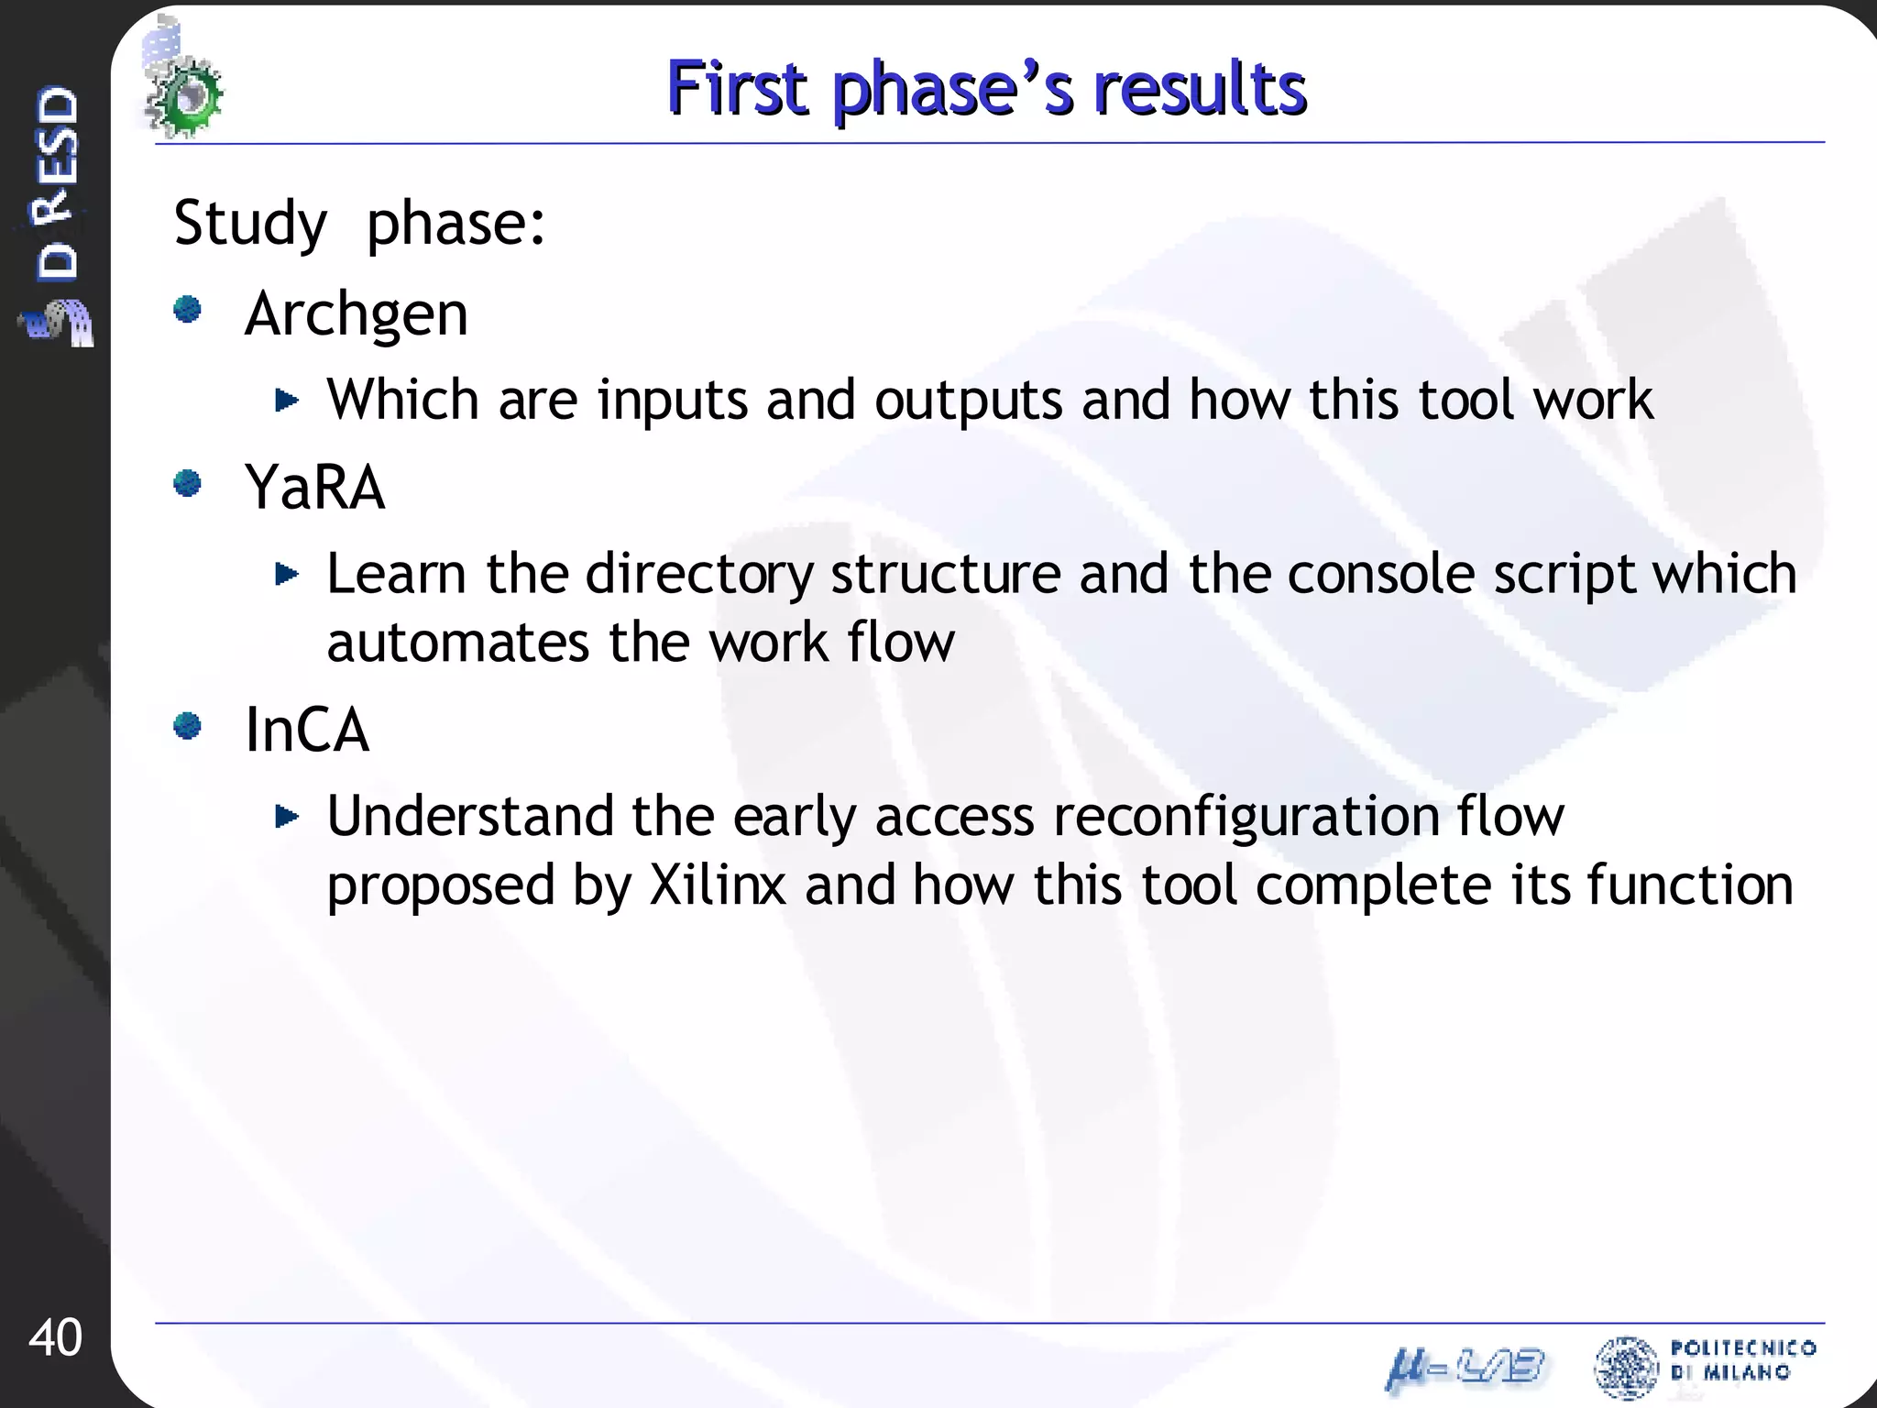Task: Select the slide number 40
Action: point(55,1337)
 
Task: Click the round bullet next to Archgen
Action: point(188,310)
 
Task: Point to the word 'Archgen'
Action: point(357,314)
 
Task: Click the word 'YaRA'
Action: point(314,487)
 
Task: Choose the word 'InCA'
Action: point(307,730)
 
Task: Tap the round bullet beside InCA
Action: point(188,726)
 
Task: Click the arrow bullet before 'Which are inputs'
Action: point(287,400)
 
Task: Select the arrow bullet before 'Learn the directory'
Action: point(287,574)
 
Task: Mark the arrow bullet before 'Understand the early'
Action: point(287,816)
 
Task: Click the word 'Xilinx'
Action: point(718,885)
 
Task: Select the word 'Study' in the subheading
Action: point(249,223)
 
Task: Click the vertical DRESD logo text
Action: point(57,183)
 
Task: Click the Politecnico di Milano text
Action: point(1741,1359)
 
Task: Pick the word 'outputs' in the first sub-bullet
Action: point(968,401)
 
